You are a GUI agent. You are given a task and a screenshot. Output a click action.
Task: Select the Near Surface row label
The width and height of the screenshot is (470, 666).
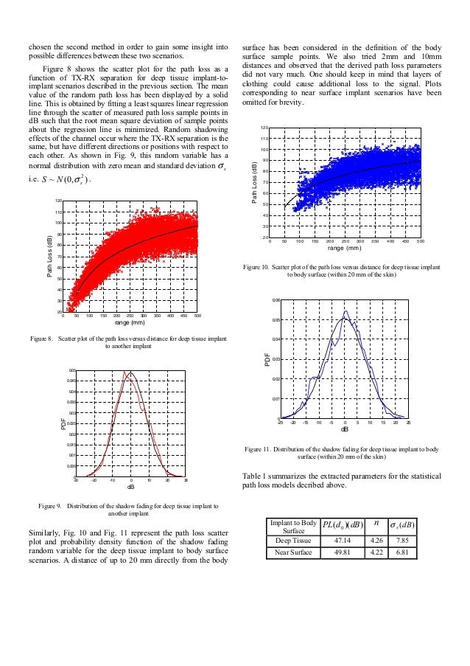(292, 552)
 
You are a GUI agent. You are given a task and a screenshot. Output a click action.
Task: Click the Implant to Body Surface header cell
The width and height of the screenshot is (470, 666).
(292, 525)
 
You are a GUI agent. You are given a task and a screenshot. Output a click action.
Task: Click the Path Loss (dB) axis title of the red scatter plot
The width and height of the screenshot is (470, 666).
(49, 255)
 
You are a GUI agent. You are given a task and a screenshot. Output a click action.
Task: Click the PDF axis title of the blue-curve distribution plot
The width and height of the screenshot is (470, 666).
(268, 360)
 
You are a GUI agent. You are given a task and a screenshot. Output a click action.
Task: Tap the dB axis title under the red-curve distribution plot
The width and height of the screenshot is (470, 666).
(130, 487)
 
